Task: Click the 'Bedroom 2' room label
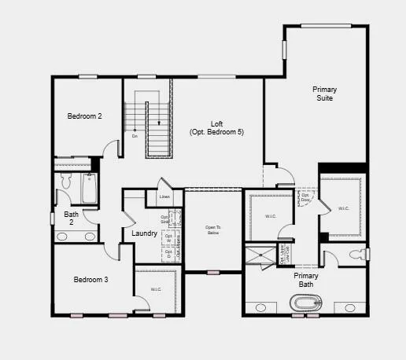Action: tap(84, 116)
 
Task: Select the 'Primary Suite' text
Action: tap(324, 94)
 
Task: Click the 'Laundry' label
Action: tap(144, 233)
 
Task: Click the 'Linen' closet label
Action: tap(164, 197)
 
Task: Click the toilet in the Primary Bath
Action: tap(360, 254)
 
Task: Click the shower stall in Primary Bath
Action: tap(258, 253)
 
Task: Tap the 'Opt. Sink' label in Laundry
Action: tap(165, 220)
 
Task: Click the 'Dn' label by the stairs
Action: tap(135, 136)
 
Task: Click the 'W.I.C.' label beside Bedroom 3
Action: tap(156, 289)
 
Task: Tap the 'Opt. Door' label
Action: tap(305, 197)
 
